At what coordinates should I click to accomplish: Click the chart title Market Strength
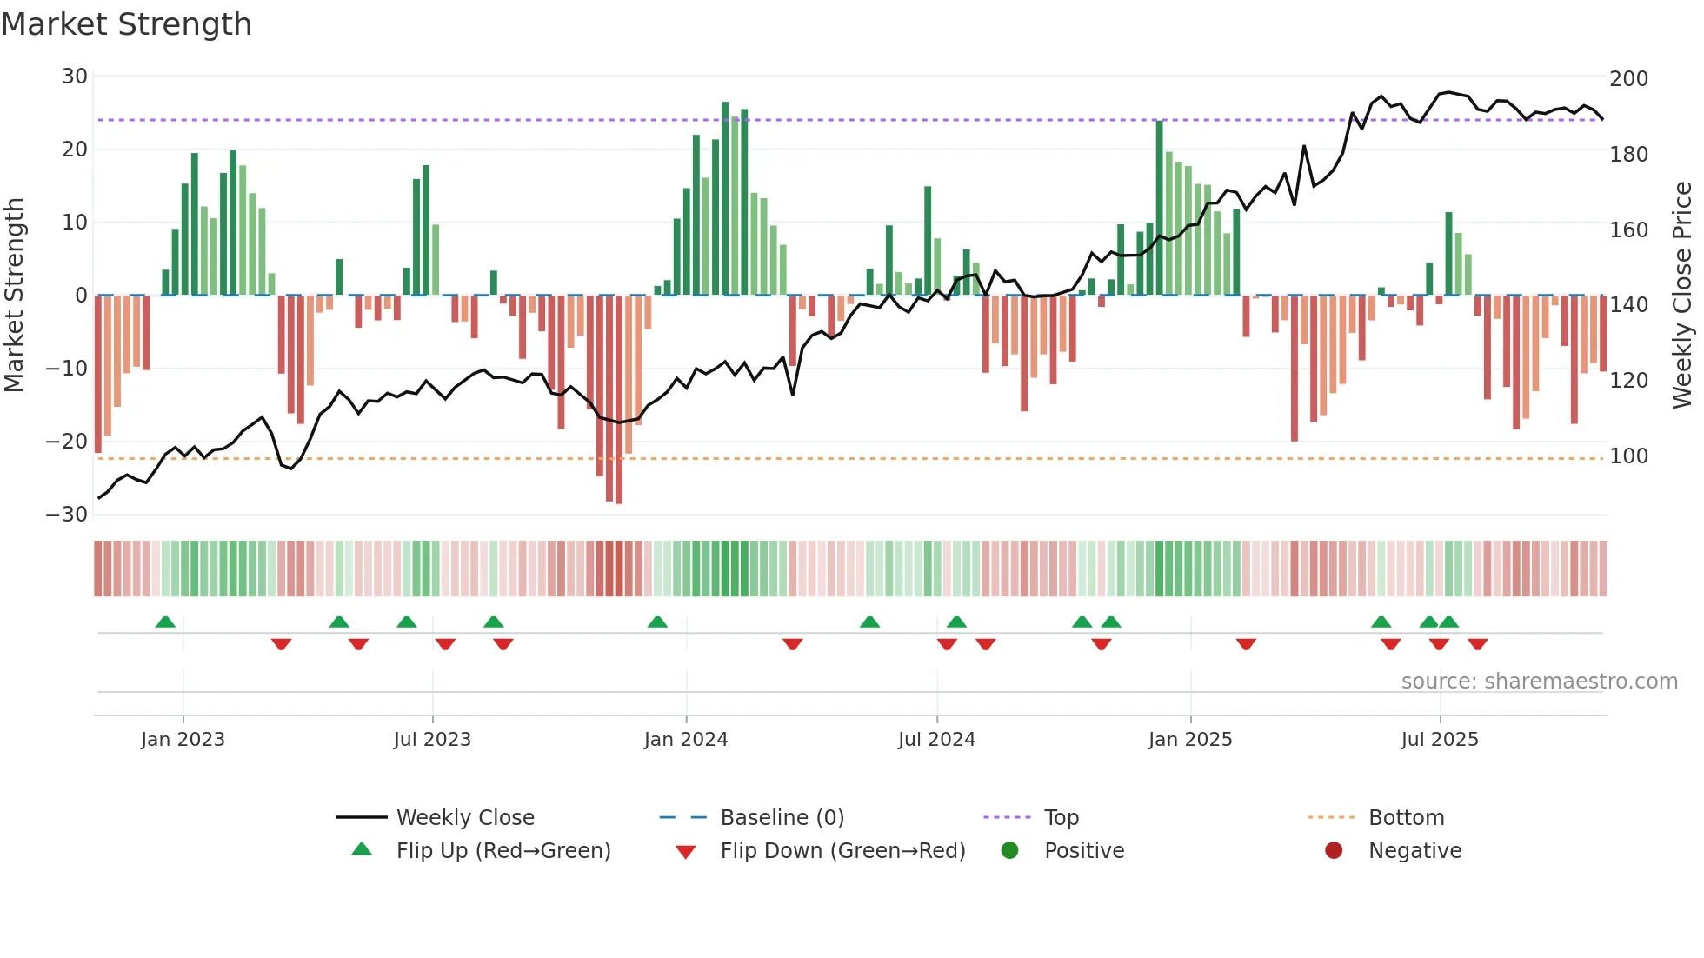point(126,24)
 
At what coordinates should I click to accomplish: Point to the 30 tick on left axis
point(75,77)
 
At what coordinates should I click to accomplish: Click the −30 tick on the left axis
point(68,514)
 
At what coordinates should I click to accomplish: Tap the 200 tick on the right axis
point(1628,79)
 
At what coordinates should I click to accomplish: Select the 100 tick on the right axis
point(1628,456)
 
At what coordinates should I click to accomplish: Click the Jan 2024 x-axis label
point(685,740)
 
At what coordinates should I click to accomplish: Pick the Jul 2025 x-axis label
point(1439,740)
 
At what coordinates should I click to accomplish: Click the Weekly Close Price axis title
point(1682,296)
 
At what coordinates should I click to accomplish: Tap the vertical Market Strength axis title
point(15,296)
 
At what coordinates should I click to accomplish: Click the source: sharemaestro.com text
point(1539,682)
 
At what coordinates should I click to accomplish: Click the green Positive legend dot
point(1009,851)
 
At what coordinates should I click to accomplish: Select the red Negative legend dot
point(1334,851)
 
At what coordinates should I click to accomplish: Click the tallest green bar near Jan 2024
point(725,200)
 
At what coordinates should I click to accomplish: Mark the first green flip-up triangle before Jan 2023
point(165,622)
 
